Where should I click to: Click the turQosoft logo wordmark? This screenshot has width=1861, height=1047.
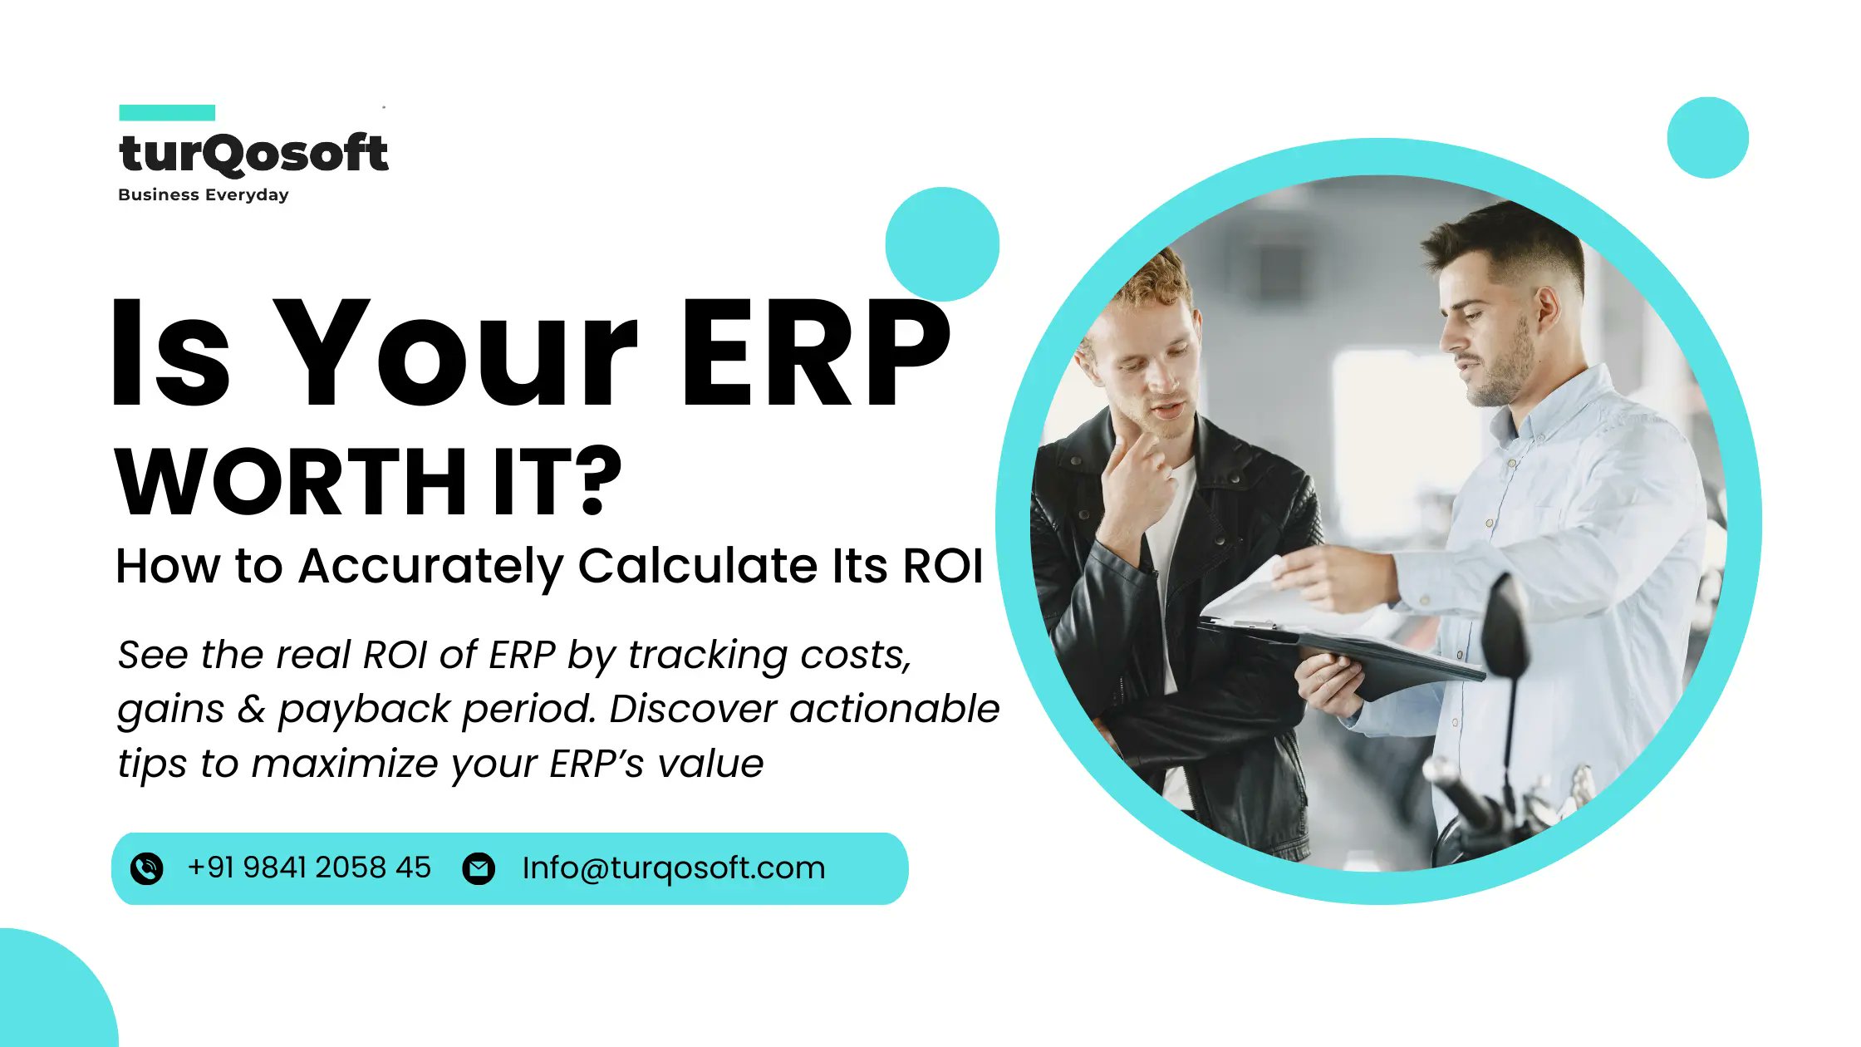point(253,154)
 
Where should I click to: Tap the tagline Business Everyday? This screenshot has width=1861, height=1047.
point(204,194)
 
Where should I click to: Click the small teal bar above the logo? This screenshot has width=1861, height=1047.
point(167,112)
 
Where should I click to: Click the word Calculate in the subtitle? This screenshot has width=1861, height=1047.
point(696,566)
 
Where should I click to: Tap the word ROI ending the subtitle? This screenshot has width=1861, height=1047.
point(942,566)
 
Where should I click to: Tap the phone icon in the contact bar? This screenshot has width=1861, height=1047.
point(147,868)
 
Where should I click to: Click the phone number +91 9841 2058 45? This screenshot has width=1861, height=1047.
point(309,868)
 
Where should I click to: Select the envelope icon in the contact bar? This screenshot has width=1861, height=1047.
point(479,868)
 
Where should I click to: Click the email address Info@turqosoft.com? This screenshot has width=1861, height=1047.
point(673,868)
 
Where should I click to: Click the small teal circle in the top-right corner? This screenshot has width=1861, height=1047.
point(1707,138)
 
